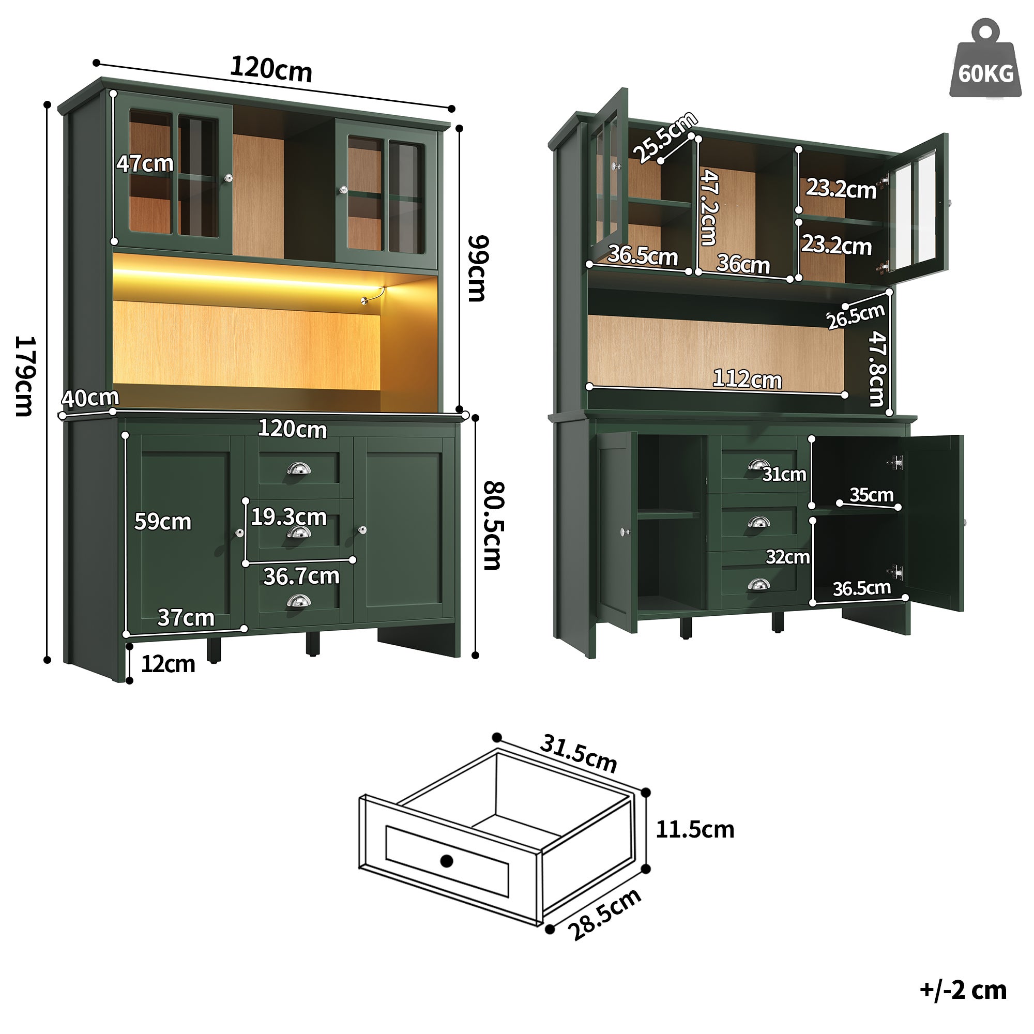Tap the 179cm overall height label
(25, 376)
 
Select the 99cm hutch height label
(477, 269)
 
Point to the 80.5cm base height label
(492, 526)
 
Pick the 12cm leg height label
(168, 665)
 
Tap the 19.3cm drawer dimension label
(289, 518)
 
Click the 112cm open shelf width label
(747, 380)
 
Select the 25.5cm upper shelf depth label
(665, 137)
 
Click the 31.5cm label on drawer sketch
(579, 754)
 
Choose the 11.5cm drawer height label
(695, 830)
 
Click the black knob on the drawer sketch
(446, 861)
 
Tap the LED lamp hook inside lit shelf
(373, 295)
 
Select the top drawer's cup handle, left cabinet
(299, 469)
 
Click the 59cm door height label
(163, 522)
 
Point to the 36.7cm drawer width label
(301, 577)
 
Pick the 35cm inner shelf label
(871, 495)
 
